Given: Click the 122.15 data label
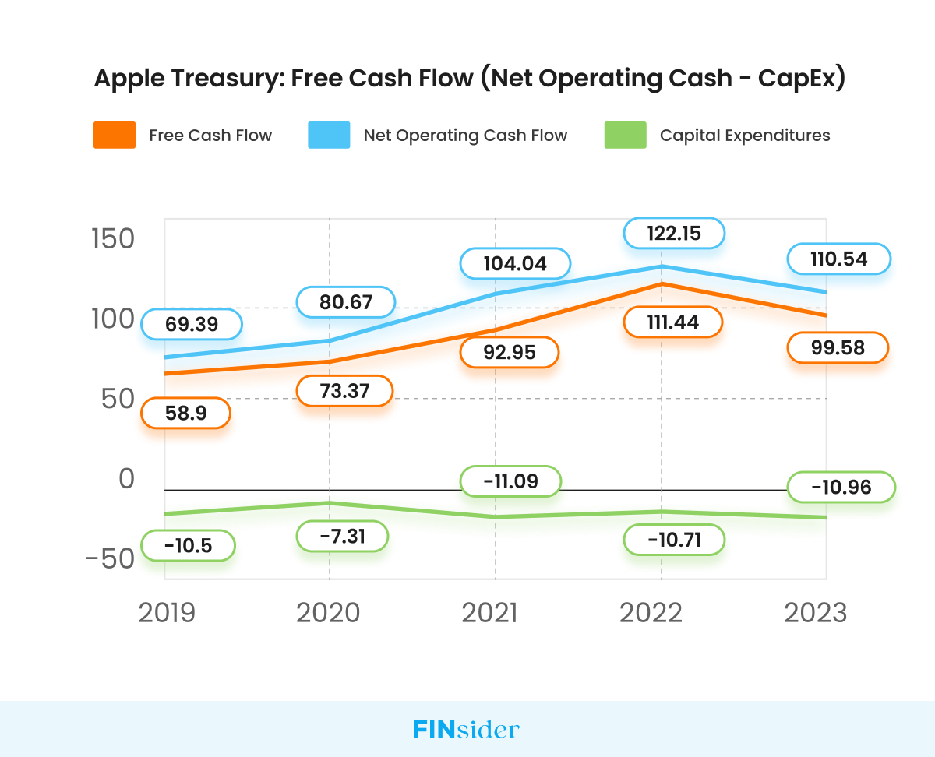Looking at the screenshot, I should [x=674, y=233].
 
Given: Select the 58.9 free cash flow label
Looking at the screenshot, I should [x=185, y=414].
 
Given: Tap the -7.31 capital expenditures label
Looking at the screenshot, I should [x=342, y=536].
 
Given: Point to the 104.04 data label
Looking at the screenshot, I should [x=515, y=263].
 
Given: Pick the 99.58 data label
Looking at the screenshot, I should [x=838, y=347].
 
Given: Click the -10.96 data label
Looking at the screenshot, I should [x=841, y=488].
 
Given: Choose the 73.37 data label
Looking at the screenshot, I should [x=344, y=391].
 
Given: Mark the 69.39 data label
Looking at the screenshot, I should [x=191, y=324].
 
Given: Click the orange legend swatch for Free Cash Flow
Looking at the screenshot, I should [x=114, y=136].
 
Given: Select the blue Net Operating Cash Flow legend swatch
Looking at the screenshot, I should [x=329, y=136].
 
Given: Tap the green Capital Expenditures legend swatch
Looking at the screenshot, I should [x=625, y=136].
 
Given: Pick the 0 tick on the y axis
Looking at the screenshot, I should [x=126, y=479].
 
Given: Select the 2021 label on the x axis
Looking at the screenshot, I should [x=489, y=613].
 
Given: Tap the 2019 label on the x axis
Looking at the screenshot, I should [x=167, y=613].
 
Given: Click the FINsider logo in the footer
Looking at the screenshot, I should [x=466, y=730].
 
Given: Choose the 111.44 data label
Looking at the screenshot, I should [x=673, y=322].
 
